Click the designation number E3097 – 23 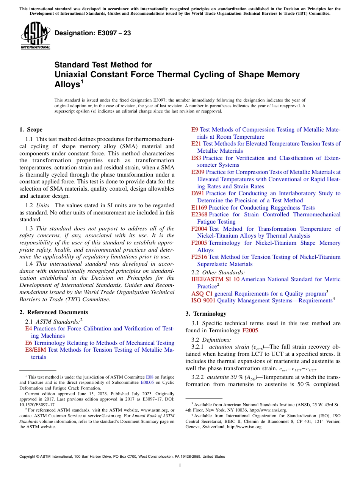(93, 33)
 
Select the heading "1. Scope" (31, 130)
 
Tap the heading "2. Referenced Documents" (53, 312)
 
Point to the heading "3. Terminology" (206, 313)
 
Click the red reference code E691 (198, 193)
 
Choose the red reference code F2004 (199, 229)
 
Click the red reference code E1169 (199, 208)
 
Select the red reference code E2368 (199, 214)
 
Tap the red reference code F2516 (199, 257)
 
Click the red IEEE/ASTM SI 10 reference (215, 279)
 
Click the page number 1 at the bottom (180, 465)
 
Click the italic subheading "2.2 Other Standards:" (218, 272)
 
